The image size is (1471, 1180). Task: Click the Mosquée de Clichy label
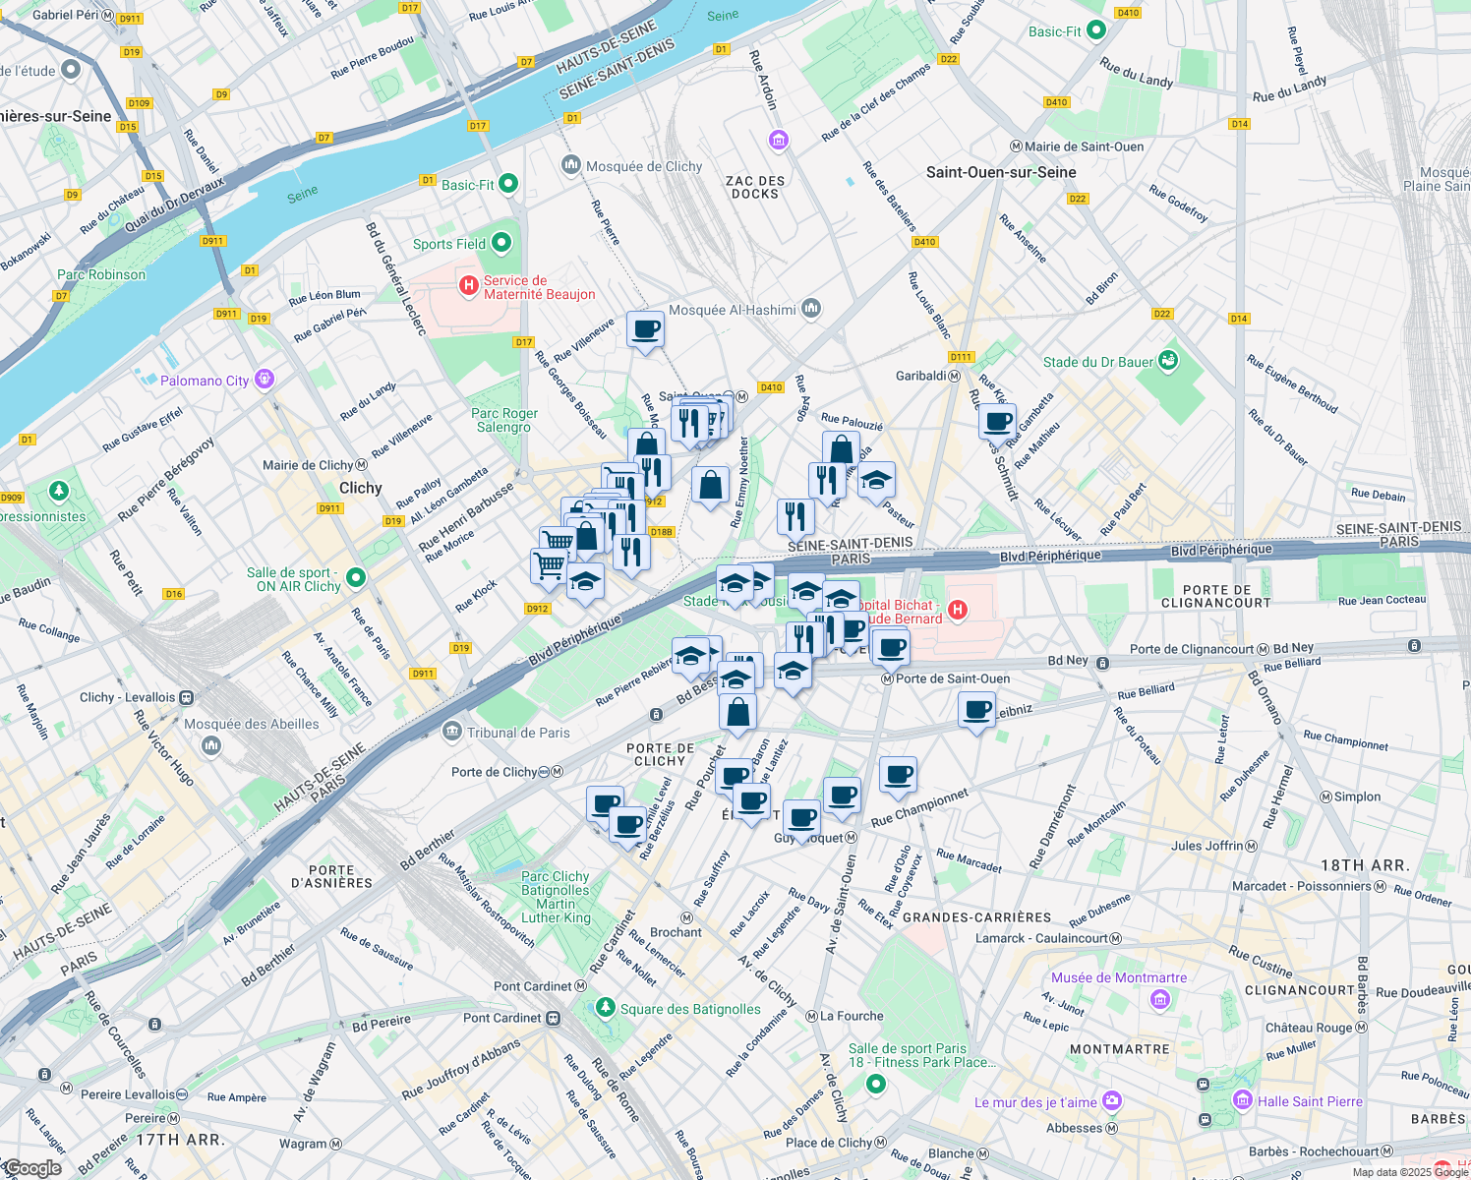643,166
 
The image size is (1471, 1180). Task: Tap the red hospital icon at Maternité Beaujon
469,286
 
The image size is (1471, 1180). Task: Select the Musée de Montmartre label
1118,977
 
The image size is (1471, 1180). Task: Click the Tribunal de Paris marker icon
452,731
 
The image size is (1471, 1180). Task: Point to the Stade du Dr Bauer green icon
1168,361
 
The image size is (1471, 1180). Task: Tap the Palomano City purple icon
264,380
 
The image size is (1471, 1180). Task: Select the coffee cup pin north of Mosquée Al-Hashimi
645,329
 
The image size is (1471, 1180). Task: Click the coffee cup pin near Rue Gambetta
998,421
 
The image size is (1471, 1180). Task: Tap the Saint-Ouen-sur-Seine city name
1001,172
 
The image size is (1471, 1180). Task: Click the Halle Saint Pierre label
1310,1101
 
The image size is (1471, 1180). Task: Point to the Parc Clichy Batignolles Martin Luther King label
556,897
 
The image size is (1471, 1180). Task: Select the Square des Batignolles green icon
605,1008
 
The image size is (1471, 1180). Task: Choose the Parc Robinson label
101,274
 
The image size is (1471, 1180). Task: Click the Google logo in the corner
31,1168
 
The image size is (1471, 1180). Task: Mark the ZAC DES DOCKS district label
755,187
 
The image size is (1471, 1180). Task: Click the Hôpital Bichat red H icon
957,611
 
